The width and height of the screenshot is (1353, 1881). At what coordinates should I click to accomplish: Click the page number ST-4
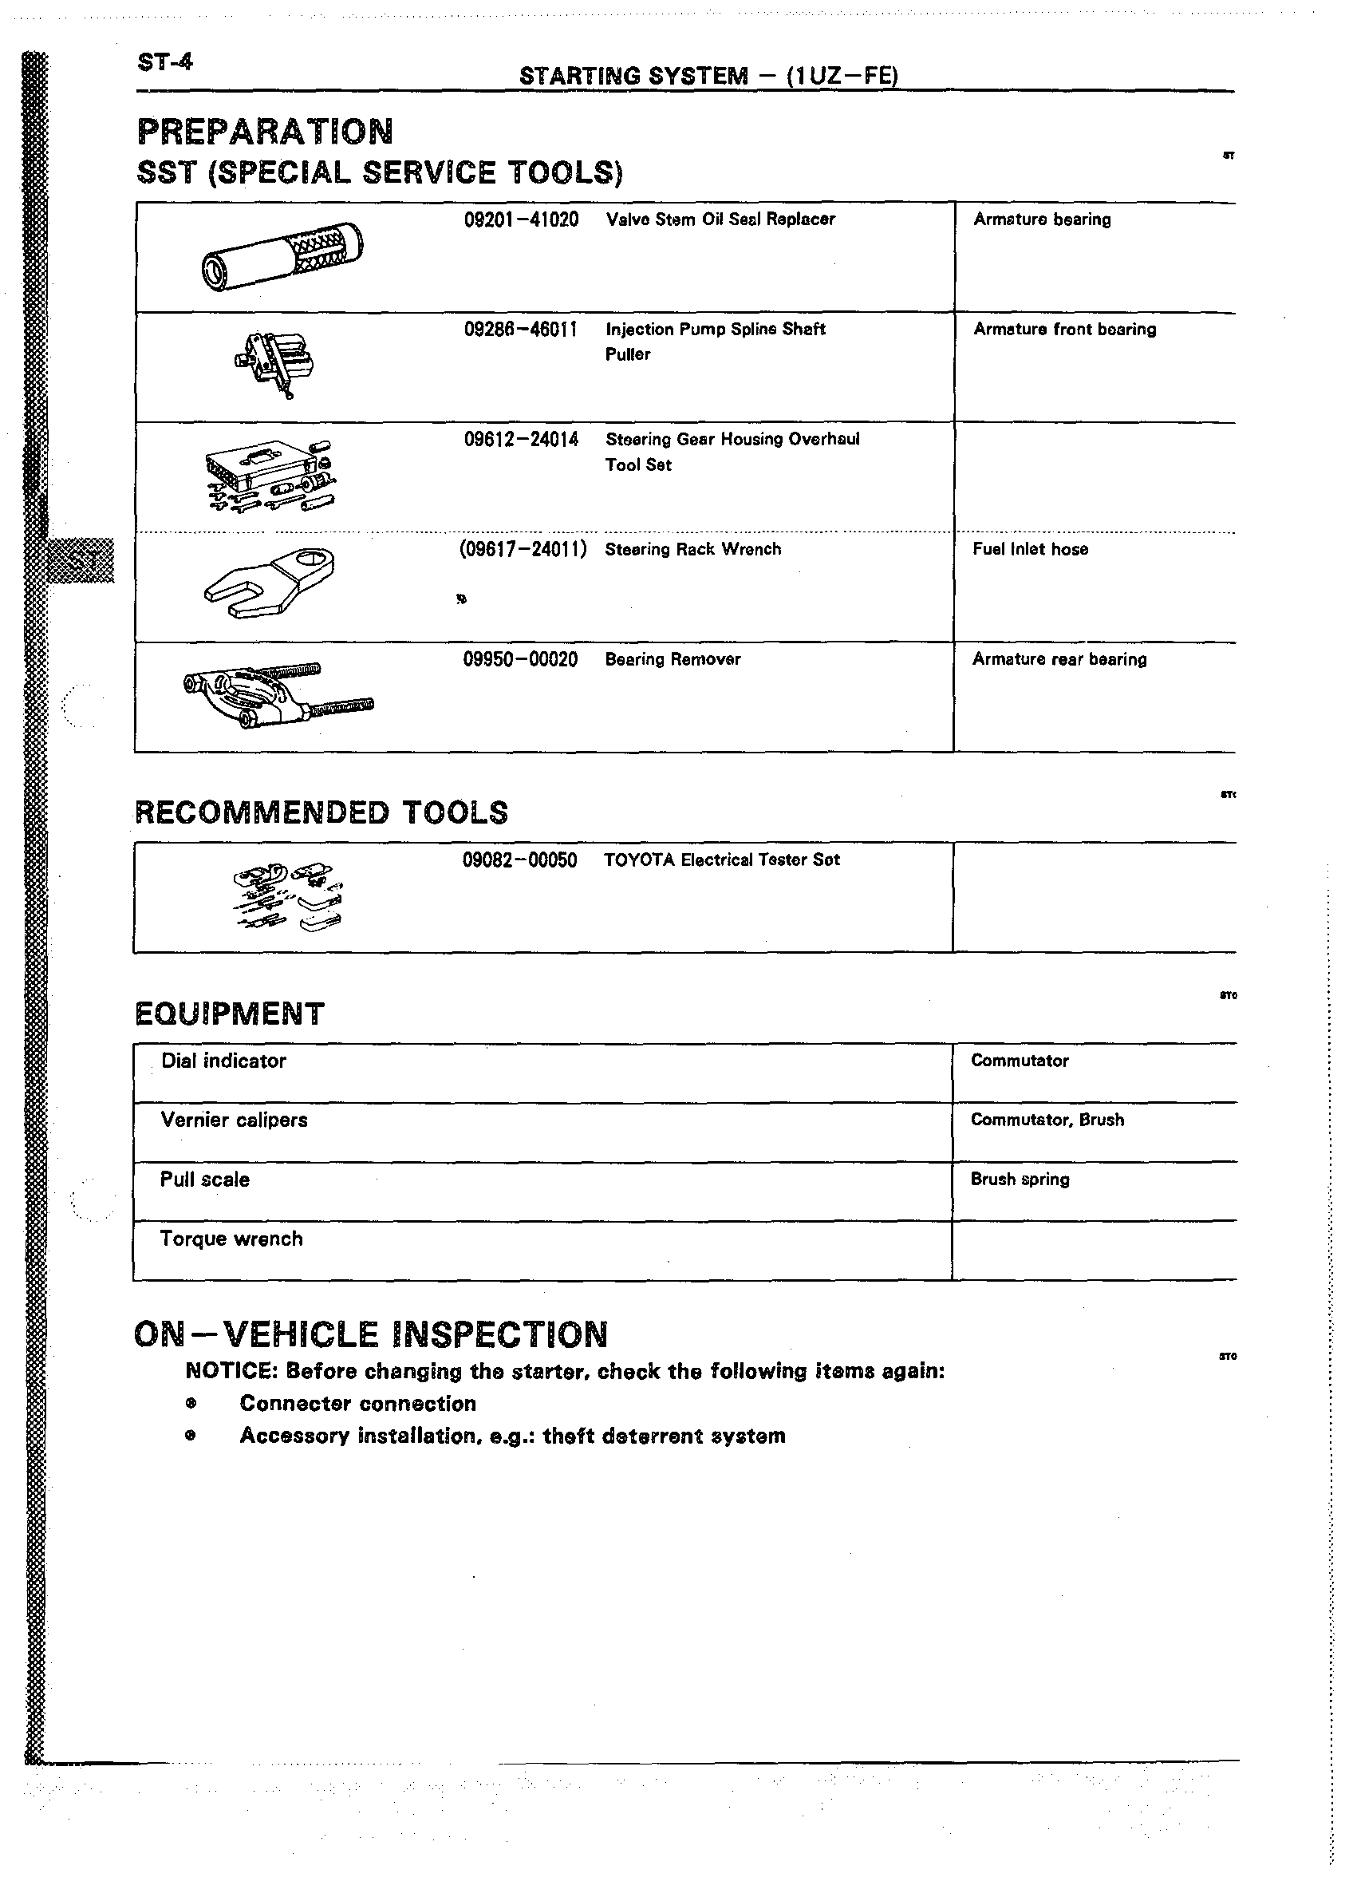tap(164, 62)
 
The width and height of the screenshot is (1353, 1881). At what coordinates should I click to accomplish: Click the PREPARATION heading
tap(266, 132)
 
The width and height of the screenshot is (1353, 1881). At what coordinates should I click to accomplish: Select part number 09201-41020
tap(521, 219)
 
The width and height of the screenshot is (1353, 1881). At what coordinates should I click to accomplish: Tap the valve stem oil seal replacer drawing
tap(282, 256)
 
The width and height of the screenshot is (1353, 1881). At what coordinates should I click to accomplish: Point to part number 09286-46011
tap(521, 330)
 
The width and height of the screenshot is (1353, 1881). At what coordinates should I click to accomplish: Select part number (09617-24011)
tap(523, 549)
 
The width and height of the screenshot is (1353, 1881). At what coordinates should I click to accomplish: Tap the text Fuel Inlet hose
tap(1030, 549)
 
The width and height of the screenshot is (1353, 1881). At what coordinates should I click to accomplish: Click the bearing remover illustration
tap(277, 695)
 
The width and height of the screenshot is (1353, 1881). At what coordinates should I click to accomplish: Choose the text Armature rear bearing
tap(1059, 659)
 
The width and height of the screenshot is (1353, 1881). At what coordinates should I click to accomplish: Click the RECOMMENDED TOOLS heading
tap(321, 812)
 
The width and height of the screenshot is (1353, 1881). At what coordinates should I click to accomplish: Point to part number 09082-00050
tap(519, 860)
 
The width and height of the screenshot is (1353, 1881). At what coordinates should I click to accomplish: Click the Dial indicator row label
tap(223, 1061)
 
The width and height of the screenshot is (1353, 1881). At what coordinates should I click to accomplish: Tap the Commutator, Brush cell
tap(1047, 1120)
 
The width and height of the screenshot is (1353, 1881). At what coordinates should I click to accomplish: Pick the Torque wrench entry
tap(231, 1239)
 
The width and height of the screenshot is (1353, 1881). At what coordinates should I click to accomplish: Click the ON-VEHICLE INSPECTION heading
tap(371, 1334)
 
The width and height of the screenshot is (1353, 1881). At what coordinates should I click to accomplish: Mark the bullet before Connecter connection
tap(191, 1404)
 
